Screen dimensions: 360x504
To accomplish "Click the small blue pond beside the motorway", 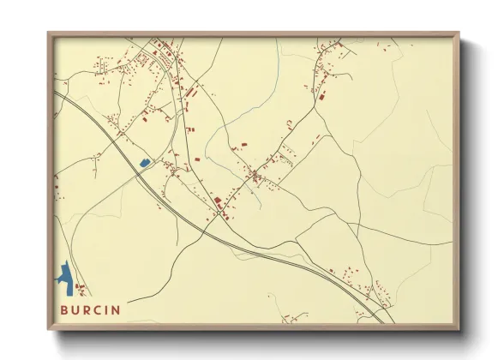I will click(x=144, y=162).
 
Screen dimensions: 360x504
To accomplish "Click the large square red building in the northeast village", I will click(x=323, y=99).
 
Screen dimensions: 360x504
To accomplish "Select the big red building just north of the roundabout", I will click(x=218, y=201).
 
